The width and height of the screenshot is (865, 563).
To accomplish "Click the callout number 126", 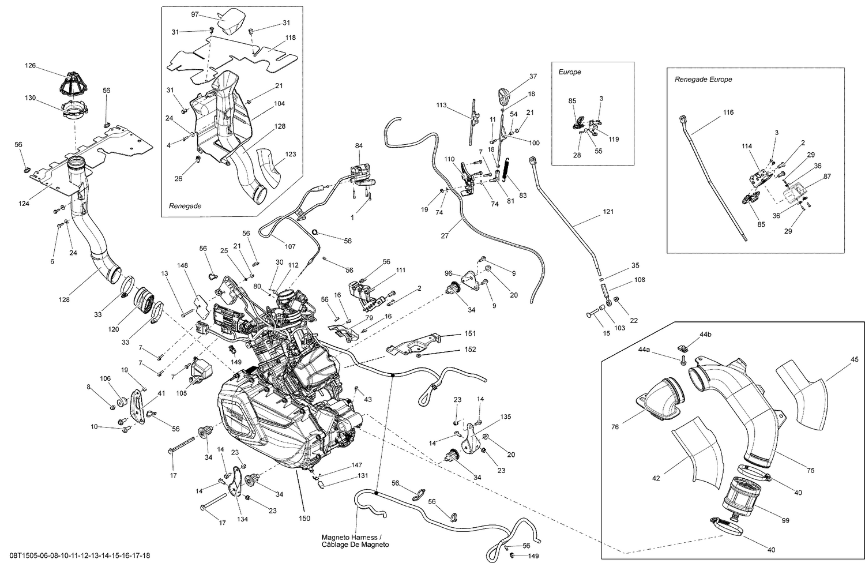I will point(29,66).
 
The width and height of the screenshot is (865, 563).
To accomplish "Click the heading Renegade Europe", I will point(703,79).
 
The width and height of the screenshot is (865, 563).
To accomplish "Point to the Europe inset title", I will point(569,72).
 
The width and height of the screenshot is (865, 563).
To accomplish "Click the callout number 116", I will point(728,112).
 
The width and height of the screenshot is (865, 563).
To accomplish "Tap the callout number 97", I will point(195,14).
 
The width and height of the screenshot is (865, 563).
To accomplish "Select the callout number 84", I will point(359,146).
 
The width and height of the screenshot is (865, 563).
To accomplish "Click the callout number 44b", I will point(705,335).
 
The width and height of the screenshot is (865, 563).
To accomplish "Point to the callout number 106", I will point(105,378).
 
